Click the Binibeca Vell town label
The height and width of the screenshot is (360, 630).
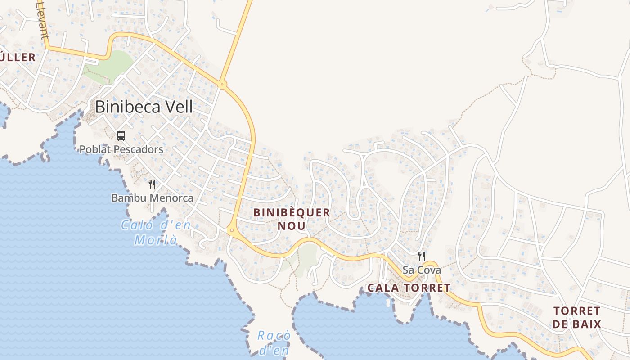click(x=144, y=107)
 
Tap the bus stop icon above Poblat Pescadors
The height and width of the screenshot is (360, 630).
click(x=121, y=135)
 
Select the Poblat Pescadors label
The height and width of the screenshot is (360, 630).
click(x=121, y=149)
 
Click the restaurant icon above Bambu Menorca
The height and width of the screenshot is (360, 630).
click(x=152, y=184)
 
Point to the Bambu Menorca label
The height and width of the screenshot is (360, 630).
click(x=152, y=198)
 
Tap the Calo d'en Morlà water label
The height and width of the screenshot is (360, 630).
click(x=156, y=232)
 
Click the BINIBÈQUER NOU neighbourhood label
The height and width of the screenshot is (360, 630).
click(x=292, y=219)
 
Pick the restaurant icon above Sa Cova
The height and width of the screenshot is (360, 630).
click(x=422, y=256)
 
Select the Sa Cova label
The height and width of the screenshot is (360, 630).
click(x=422, y=270)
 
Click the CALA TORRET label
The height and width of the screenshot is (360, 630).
click(x=409, y=288)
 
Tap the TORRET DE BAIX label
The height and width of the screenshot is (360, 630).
click(x=577, y=317)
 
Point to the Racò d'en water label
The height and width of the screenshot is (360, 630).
click(x=274, y=343)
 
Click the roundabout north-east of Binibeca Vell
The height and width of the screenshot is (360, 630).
click(x=222, y=84)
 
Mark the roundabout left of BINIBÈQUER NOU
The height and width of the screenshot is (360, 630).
click(x=232, y=230)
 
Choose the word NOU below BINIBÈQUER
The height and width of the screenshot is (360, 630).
click(x=292, y=225)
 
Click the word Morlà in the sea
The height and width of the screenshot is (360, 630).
click(x=156, y=240)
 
